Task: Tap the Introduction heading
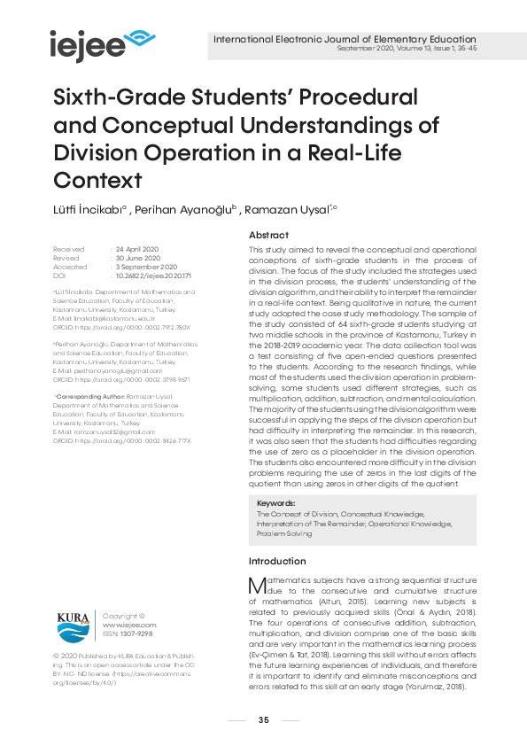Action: pyautogui.click(x=276, y=561)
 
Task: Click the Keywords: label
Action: pyautogui.click(x=276, y=502)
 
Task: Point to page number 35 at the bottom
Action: pyautogui.click(x=263, y=719)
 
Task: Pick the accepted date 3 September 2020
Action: pyautogui.click(x=146, y=268)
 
